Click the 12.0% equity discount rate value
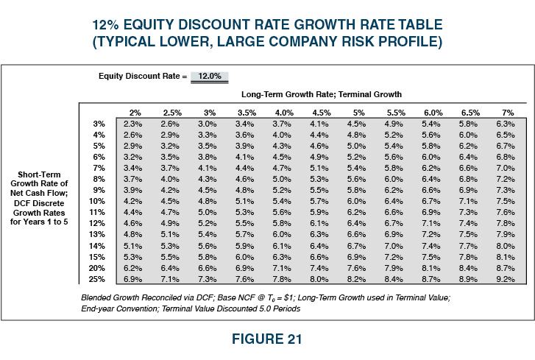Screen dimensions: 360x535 [x=210, y=76]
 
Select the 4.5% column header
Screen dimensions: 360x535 [x=321, y=112]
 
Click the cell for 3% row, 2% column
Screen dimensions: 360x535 [x=133, y=124]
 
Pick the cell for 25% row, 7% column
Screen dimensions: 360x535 [x=506, y=280]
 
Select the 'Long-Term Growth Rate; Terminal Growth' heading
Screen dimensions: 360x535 [x=321, y=95]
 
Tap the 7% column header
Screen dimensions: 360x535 [x=507, y=112]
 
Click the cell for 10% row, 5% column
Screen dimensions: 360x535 [x=356, y=200]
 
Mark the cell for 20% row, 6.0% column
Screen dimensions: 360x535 [x=431, y=269]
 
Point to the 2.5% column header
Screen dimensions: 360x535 [x=171, y=112]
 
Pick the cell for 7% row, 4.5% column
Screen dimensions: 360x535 [x=319, y=168]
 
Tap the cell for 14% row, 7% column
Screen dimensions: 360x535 [x=506, y=246]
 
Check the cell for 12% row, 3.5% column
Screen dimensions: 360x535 [x=244, y=223]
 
